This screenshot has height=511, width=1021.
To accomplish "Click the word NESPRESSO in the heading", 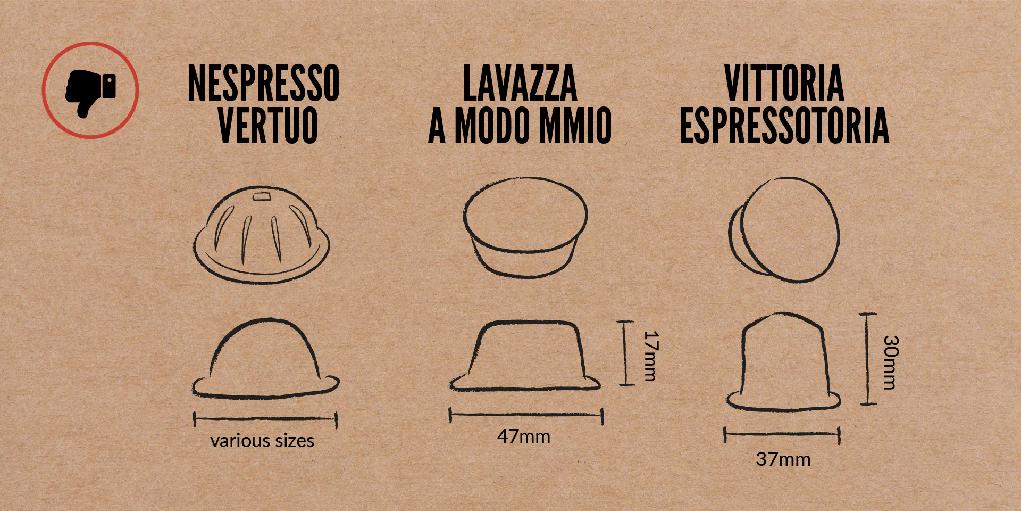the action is tap(264, 83).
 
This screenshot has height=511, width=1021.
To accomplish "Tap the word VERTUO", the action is tap(268, 125).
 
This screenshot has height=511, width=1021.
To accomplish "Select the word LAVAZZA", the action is tap(520, 83).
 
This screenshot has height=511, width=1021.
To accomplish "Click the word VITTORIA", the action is tap(784, 83).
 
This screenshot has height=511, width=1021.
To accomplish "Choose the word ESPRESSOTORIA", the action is tap(784, 125).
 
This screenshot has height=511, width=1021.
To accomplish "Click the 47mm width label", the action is tap(524, 436).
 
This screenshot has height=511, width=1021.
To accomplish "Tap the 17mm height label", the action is tap(651, 356).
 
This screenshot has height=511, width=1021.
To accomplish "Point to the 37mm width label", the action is tap(783, 459).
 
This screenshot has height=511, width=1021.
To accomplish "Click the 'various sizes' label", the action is tap(262, 441).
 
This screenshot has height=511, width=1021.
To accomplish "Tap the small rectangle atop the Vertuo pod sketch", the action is tap(262, 197).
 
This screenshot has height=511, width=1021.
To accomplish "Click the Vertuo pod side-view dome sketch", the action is tap(266, 358).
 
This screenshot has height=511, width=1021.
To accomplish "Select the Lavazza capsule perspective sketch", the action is tap(525, 227).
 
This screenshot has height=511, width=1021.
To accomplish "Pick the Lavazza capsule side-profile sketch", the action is tap(525, 355).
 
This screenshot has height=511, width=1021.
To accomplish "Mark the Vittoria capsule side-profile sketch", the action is tap(783, 361).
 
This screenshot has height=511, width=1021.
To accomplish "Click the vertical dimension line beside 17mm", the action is tap(626, 352).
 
